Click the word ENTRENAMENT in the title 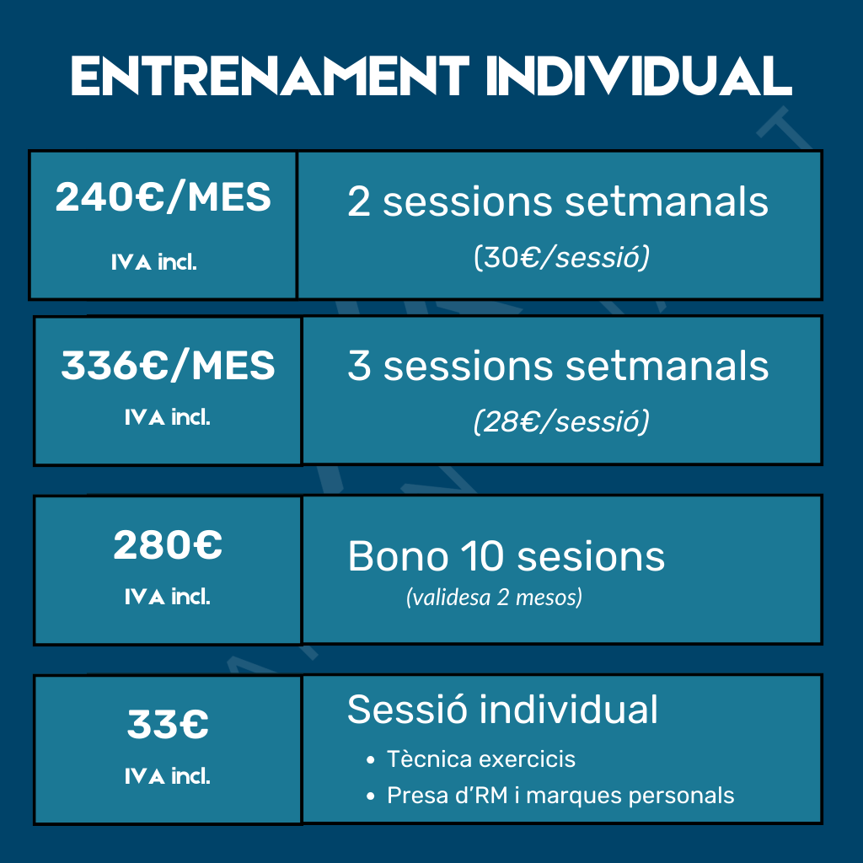(x=270, y=76)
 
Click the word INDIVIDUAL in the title (x=639, y=76)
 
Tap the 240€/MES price (x=163, y=196)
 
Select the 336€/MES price (x=168, y=365)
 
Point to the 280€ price (x=168, y=545)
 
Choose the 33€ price (x=168, y=724)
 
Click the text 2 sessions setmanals (x=558, y=201)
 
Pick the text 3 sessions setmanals (x=558, y=366)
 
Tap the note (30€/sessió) (x=561, y=256)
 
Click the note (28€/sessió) (x=561, y=421)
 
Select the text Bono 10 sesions (x=507, y=556)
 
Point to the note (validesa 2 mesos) (x=494, y=598)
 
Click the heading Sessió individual (x=502, y=709)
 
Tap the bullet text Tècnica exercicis (x=481, y=759)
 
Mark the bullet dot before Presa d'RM (x=371, y=796)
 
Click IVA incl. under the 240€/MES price (x=154, y=262)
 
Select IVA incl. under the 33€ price (x=168, y=776)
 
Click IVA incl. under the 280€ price (x=168, y=597)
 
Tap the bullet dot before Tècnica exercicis (x=371, y=760)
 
